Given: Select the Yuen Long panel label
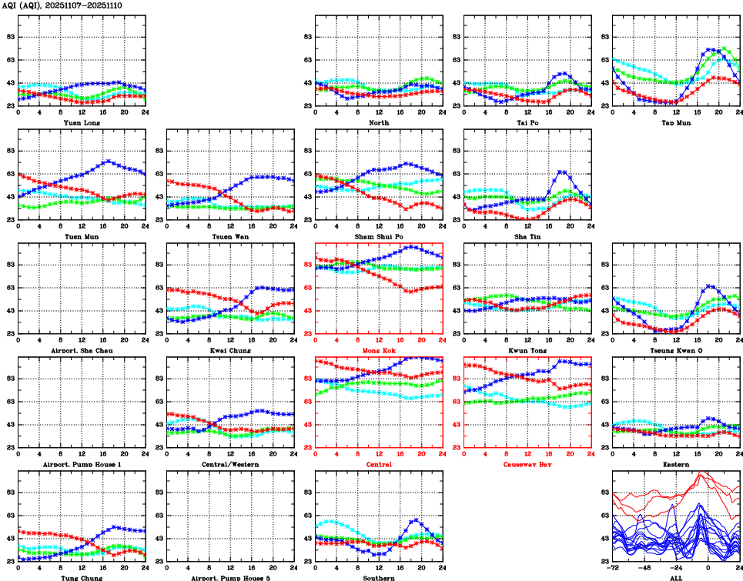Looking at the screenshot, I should point(81,122).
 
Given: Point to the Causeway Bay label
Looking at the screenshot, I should point(527,464).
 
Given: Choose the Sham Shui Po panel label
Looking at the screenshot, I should point(378,236).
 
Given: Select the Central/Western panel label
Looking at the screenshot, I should point(229,464).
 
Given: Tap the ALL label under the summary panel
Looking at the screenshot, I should point(675,578).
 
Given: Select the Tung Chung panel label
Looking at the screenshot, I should point(81,578).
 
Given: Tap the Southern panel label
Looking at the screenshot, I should point(378,578).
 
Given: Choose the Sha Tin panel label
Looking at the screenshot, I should point(527,236).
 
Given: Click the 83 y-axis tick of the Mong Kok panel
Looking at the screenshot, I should point(307,265).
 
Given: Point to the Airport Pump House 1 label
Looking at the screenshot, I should point(81,464).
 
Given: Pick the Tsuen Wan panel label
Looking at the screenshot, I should point(229,236).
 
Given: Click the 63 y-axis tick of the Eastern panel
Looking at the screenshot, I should point(604,402).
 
